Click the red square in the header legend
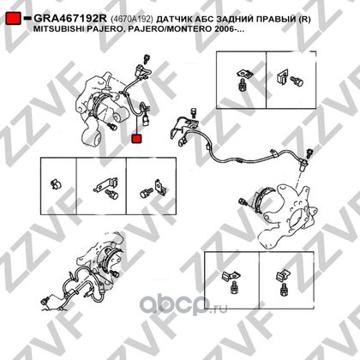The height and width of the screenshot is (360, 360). coord(13,18)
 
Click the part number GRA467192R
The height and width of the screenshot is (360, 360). coord(70,19)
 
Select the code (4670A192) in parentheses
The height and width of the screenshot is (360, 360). coord(132,19)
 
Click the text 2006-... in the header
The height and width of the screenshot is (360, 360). coord(230,29)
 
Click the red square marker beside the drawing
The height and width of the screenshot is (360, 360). coord(136,139)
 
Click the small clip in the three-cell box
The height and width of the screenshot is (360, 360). coord(56,184)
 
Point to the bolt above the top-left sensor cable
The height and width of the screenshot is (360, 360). coord(147,59)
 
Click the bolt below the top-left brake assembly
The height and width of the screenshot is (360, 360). coord(112,126)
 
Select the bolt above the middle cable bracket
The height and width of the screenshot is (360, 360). coord(194,112)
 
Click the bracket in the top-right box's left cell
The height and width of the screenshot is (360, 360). coord(245,74)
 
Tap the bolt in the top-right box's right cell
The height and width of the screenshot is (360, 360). coord(297,81)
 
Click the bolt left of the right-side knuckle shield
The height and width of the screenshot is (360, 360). coord(243,202)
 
